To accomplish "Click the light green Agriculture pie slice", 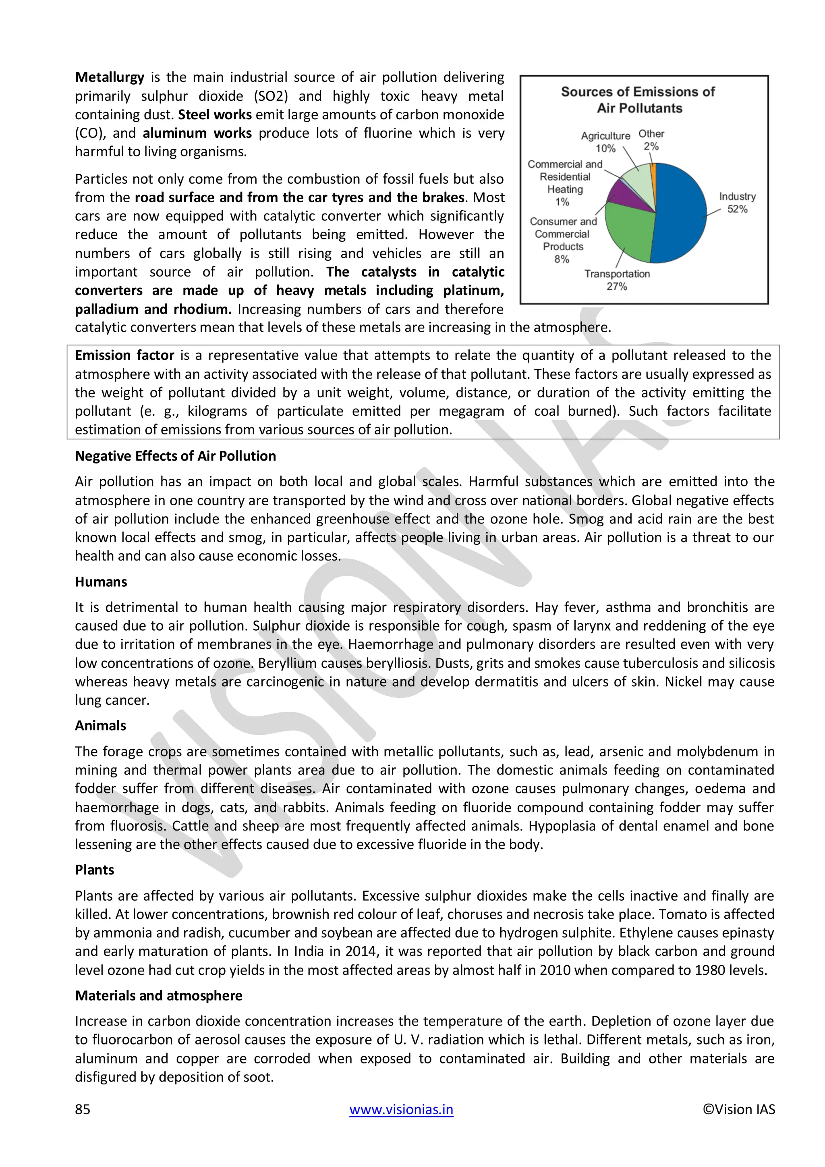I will [x=639, y=181].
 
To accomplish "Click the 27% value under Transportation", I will [x=616, y=287].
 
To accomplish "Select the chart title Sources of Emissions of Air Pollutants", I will [x=638, y=100].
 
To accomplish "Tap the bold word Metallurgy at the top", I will [x=109, y=77].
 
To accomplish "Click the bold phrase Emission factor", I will [x=124, y=355].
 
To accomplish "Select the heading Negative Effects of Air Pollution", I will [x=175, y=456].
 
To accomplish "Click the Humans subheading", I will [x=101, y=581].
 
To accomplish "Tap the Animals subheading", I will [x=100, y=725].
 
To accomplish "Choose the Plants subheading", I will [x=95, y=870].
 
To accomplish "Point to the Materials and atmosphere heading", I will [x=158, y=995].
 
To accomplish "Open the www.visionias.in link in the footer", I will [x=401, y=1109].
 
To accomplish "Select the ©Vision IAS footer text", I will [x=739, y=1109].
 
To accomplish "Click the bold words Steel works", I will [x=215, y=115].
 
